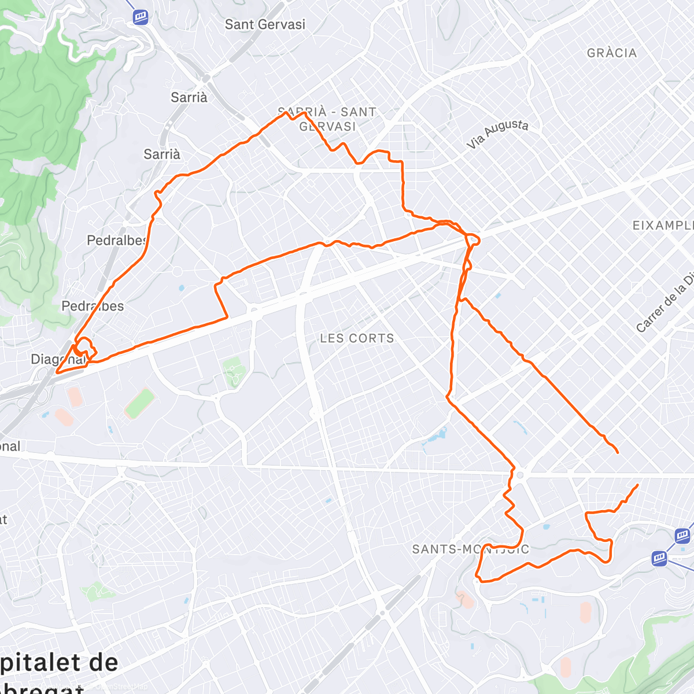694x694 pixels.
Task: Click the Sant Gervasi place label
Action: coord(265,25)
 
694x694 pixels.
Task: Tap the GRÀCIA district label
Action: coord(611,53)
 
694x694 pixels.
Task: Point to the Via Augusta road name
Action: coord(497,134)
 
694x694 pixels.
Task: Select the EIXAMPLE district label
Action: coord(663,226)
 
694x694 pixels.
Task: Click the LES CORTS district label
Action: coord(357,338)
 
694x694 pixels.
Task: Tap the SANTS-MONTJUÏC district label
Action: coord(470,549)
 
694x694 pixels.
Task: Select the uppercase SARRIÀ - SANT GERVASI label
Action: coord(327,119)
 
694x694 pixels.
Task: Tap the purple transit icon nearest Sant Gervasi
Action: coord(140,17)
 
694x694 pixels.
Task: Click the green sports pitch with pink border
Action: coord(140,404)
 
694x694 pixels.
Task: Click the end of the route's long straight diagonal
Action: coord(617,452)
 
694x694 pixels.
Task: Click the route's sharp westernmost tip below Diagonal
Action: coord(56,373)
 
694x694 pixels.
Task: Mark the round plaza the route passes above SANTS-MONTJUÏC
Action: coord(520,475)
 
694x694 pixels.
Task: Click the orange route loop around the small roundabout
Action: coord(473,239)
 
